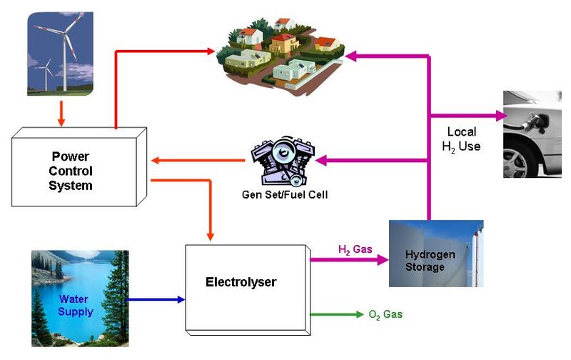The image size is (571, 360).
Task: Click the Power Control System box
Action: coord(79,167)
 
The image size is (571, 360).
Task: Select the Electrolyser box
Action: coord(248,290)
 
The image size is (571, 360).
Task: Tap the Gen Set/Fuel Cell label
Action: coord(285,194)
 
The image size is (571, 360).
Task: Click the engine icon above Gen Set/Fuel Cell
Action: coord(283,160)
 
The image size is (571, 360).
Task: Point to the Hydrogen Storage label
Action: coord(430,261)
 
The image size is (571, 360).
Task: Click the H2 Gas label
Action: coord(355,249)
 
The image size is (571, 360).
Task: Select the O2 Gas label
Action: coord(385,314)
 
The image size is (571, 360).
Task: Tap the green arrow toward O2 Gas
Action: coord(337,314)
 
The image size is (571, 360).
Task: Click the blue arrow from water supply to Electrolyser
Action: coord(156,299)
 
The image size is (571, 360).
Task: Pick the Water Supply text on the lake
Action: coord(76,305)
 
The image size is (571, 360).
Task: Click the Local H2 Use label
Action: coord(461,139)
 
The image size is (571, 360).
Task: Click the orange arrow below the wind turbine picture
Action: coord(61,114)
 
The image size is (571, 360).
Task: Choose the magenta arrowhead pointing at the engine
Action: coord(320,160)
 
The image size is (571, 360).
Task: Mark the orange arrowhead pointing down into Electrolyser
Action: coord(210,236)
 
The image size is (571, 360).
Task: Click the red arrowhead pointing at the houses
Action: coord(211,51)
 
